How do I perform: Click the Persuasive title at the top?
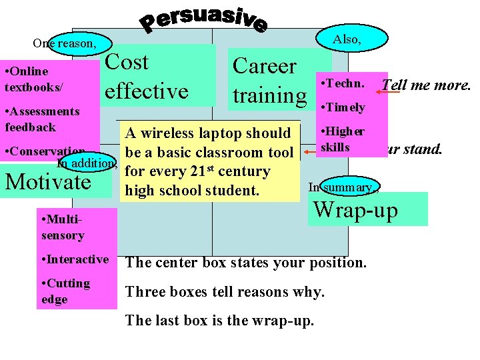click(203, 20)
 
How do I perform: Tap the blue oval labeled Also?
click(347, 39)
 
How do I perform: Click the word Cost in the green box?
click(127, 62)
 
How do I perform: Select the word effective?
click(147, 91)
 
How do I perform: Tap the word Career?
click(264, 66)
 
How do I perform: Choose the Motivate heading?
click(48, 181)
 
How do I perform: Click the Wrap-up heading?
click(355, 210)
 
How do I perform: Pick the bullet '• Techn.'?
click(342, 84)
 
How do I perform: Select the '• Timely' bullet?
click(343, 107)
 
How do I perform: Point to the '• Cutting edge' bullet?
click(65, 291)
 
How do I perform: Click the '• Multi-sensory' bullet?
click(63, 227)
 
